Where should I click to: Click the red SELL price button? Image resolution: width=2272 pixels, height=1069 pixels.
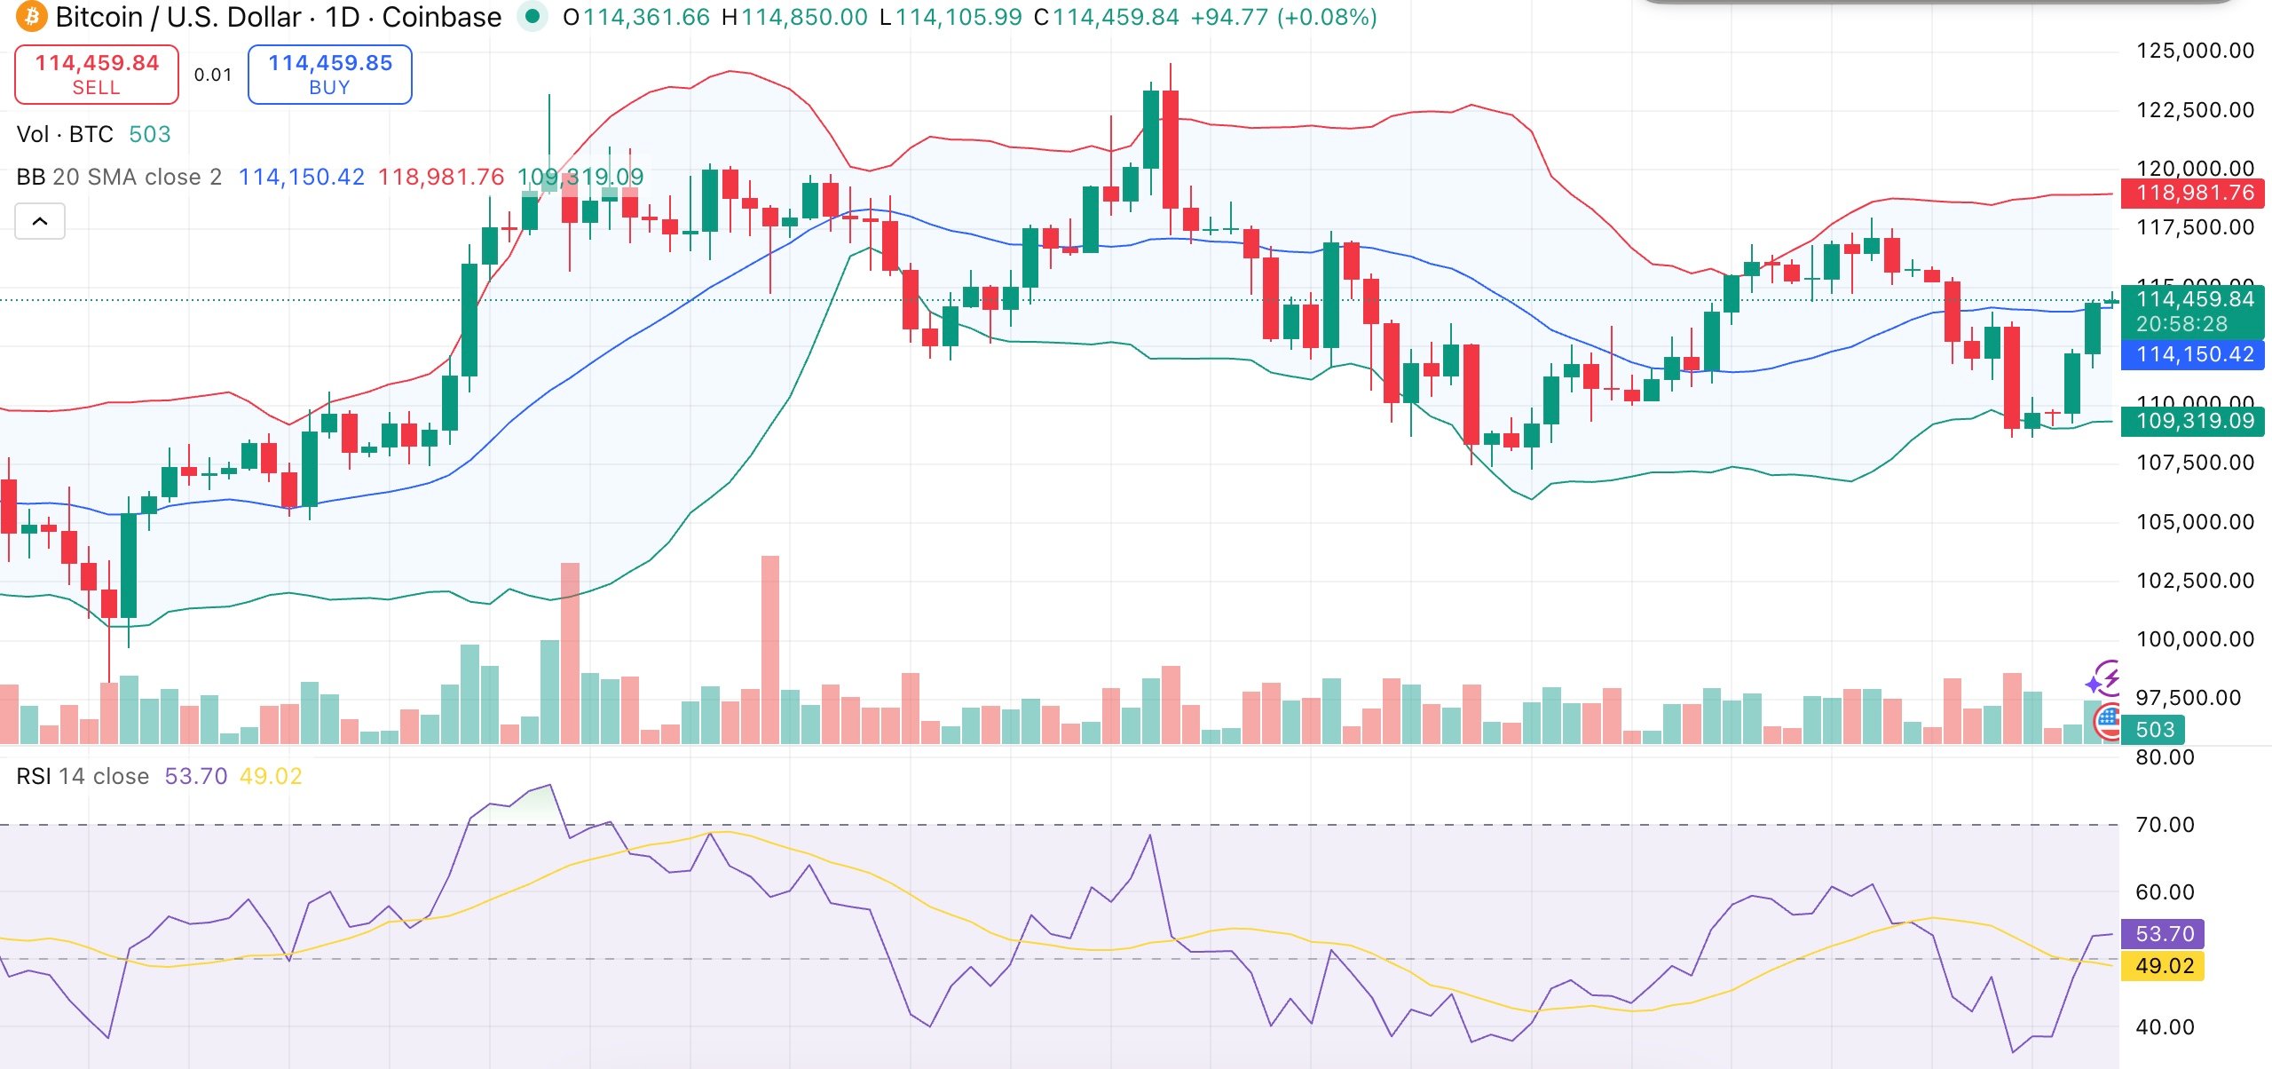click(97, 75)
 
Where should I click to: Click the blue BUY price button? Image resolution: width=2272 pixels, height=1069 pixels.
click(329, 75)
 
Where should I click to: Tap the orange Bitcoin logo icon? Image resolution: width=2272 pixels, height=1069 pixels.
click(31, 17)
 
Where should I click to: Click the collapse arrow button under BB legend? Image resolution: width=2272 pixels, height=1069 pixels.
click(40, 221)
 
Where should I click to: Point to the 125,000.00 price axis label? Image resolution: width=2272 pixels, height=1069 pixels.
click(2195, 51)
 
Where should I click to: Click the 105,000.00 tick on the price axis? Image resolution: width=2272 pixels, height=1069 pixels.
click(2195, 522)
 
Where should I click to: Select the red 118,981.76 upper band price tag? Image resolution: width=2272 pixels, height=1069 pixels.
click(2194, 193)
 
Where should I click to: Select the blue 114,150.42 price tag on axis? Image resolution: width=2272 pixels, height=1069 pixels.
click(2194, 355)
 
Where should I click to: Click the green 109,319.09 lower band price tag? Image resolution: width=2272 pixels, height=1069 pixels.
click(2194, 421)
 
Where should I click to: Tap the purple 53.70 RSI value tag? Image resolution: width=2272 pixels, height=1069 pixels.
click(2164, 934)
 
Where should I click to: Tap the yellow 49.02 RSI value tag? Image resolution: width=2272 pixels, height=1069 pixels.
click(2164, 966)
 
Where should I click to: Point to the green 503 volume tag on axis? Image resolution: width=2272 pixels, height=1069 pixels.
click(2155, 730)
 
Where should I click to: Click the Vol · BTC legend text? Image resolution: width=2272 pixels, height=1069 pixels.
click(65, 135)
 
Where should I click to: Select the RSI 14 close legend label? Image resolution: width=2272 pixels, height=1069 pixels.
click(83, 777)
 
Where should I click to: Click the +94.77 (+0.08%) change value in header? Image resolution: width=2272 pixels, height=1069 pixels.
click(1283, 18)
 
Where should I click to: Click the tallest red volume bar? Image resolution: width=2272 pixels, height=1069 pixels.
click(770, 649)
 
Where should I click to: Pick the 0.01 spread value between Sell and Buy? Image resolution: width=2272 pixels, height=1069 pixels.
click(213, 75)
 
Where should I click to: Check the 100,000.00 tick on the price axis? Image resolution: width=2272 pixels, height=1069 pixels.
click(2195, 639)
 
